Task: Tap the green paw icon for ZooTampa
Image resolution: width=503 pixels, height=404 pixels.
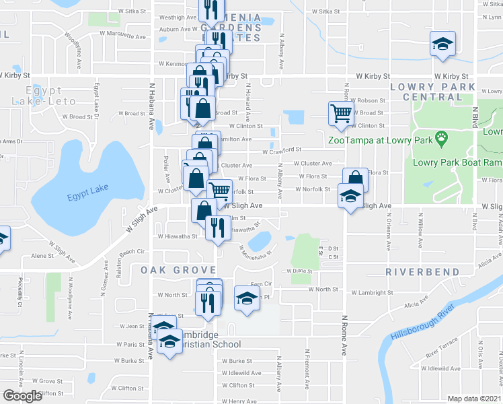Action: point(442,140)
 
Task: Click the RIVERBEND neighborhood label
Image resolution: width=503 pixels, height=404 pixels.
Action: point(422,271)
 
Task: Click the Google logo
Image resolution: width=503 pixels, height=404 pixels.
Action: point(23,395)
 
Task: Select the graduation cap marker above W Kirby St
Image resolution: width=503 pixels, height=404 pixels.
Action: point(442,44)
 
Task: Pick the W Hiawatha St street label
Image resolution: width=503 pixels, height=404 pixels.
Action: point(178,236)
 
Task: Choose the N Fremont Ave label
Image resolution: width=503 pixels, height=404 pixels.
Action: point(309,369)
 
